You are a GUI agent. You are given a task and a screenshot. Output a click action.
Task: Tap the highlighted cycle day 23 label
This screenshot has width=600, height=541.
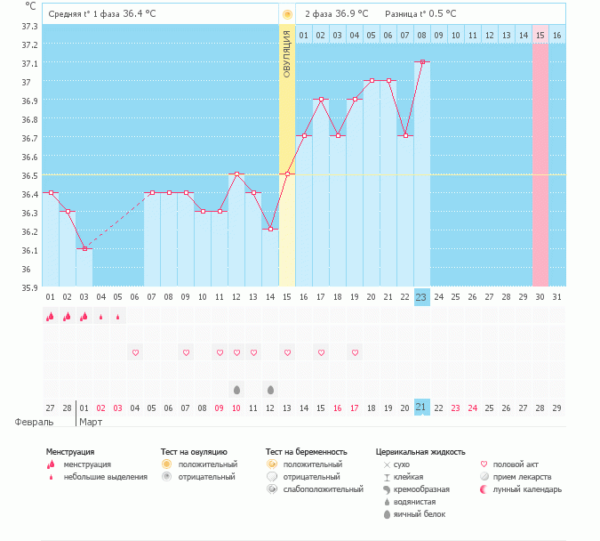[x=422, y=296]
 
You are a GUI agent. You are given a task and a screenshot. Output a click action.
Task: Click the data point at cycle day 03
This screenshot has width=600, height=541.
[x=84, y=248]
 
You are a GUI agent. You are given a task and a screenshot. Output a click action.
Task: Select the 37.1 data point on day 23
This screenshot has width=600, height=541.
[x=422, y=62]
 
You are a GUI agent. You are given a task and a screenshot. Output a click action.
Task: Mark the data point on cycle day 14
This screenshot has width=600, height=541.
[x=270, y=229]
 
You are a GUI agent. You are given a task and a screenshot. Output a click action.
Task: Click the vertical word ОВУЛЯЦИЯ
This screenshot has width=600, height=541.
[x=287, y=53]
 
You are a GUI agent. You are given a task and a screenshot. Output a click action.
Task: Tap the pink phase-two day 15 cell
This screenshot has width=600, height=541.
[x=540, y=36]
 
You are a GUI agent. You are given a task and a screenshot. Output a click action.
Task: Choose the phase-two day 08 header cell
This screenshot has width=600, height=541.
[x=422, y=36]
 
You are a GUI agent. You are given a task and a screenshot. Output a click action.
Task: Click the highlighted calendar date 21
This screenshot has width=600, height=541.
[x=422, y=407]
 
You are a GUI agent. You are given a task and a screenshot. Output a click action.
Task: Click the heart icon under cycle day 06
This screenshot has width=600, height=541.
[x=135, y=353]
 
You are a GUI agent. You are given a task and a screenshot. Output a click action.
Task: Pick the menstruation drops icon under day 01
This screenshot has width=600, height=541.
[x=51, y=316]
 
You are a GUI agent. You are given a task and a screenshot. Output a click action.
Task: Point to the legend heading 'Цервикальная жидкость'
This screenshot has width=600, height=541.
[x=420, y=452]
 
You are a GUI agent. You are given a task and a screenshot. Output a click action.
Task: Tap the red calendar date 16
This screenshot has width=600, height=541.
[x=338, y=407]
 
